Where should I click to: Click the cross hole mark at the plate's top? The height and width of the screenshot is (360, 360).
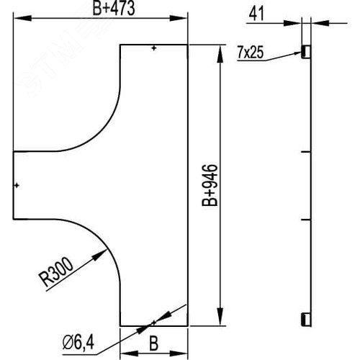154,48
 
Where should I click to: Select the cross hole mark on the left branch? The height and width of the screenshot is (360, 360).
17,186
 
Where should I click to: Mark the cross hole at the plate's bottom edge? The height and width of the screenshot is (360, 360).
154,322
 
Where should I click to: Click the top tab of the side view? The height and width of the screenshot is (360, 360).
305,51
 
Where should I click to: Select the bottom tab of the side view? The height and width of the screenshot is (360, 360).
305,319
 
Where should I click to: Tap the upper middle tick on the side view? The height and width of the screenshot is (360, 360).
305,152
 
